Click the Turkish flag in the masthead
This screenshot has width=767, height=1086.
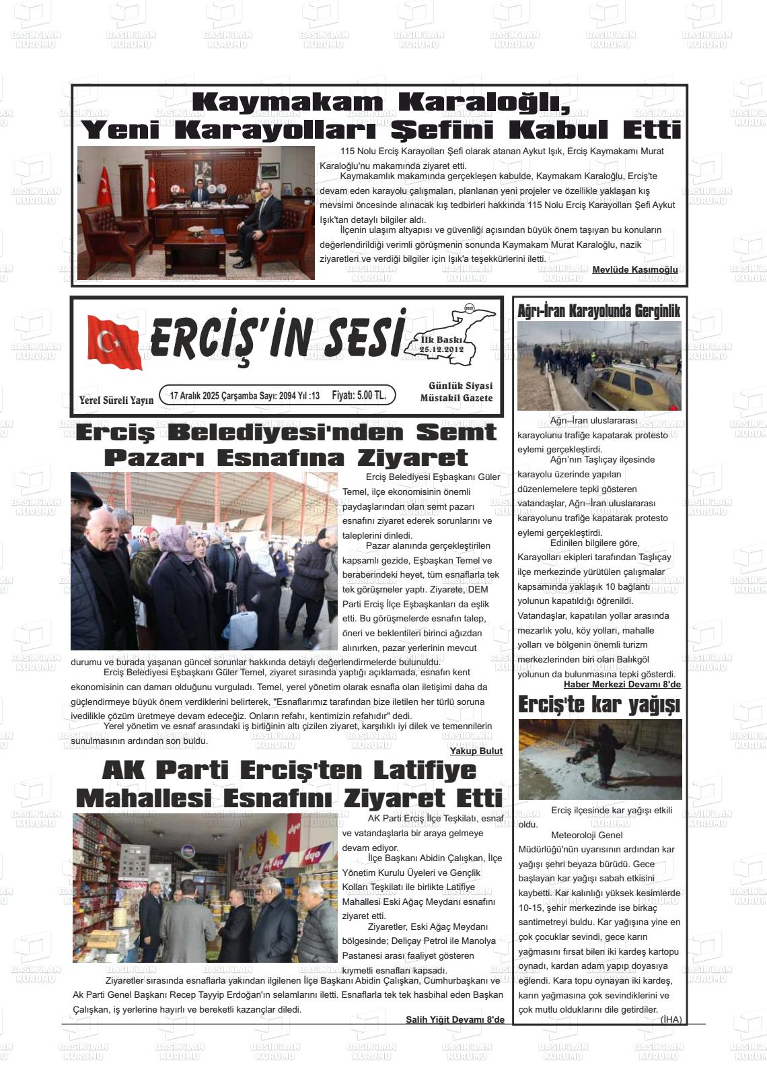tap(114, 342)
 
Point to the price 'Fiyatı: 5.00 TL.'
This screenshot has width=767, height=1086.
tap(359, 395)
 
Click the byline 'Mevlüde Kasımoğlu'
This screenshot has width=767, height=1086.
tap(634, 270)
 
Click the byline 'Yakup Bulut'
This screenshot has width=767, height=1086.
tap(476, 751)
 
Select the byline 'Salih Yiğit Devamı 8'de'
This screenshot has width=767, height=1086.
tap(455, 1019)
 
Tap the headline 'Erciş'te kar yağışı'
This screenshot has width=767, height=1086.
tap(599, 705)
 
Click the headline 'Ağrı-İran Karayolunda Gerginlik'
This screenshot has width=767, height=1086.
tap(599, 310)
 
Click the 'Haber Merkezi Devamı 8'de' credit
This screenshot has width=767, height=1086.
tap(622, 685)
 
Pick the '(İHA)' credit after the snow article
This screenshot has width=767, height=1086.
tap(671, 1019)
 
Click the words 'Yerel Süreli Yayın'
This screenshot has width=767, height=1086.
tap(116, 400)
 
